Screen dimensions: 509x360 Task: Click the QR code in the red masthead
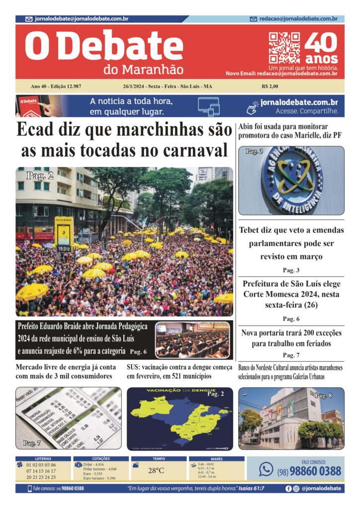tap(284, 48)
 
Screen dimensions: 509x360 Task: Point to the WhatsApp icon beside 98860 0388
tap(266, 469)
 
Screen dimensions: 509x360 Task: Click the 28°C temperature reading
tap(156, 470)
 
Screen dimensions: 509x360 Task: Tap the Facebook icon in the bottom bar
tap(288, 489)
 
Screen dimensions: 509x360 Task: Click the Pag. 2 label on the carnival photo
tap(40, 175)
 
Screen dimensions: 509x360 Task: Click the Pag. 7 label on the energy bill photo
tap(32, 442)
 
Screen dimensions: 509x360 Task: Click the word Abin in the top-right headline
tap(247, 126)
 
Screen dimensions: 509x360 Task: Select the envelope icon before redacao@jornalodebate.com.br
tap(254, 19)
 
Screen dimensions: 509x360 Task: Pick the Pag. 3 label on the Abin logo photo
tap(254, 152)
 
